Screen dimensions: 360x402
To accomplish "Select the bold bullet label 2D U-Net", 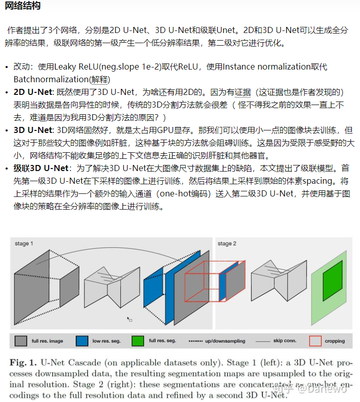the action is tap(34, 92).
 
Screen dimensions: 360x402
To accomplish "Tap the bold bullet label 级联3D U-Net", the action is tap(42, 168).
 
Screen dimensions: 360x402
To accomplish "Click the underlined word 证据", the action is tap(242, 92).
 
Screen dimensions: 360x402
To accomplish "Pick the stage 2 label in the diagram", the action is tap(227, 244).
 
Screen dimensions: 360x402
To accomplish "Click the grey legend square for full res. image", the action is tap(20, 341).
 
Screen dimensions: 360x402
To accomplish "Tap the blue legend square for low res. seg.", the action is tap(81, 341).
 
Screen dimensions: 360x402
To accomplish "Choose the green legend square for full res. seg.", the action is tap(138, 341).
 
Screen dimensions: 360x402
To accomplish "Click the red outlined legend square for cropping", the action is tap(315, 341).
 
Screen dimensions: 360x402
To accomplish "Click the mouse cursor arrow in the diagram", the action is tap(129, 319).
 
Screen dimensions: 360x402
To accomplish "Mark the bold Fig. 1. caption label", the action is tap(25, 363).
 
